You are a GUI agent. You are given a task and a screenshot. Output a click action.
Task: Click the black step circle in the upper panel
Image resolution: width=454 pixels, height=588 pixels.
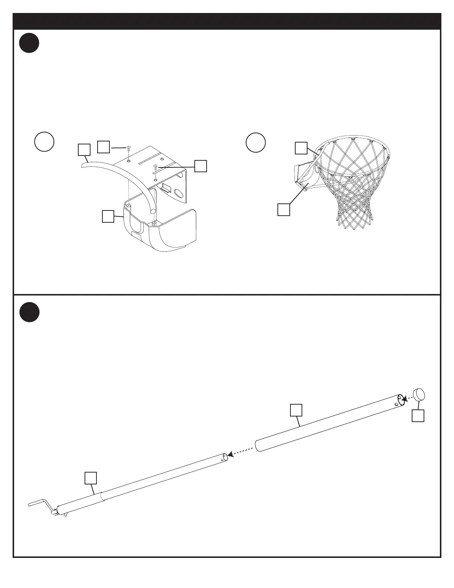(x=29, y=43)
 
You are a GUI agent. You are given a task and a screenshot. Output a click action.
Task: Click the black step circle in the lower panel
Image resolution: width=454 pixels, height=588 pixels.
(x=29, y=312)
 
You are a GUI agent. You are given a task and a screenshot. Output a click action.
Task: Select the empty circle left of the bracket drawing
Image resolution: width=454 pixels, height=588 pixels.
(x=44, y=141)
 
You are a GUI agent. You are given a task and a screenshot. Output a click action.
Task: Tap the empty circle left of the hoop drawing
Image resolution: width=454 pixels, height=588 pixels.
(x=256, y=142)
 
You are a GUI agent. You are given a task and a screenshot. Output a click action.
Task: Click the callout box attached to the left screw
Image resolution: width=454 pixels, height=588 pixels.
(x=103, y=147)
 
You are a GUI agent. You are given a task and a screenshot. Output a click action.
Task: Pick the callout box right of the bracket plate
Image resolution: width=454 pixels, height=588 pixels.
(x=201, y=166)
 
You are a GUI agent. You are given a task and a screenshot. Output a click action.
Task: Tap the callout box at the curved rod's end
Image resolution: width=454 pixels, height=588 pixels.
(x=84, y=150)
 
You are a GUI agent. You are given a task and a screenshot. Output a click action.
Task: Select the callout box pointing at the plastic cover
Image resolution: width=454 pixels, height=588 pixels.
(x=108, y=216)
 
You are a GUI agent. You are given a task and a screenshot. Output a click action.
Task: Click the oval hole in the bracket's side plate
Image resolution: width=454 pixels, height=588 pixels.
(x=178, y=194)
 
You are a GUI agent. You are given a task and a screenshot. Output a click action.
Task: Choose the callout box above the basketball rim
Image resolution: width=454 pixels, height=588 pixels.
(x=301, y=148)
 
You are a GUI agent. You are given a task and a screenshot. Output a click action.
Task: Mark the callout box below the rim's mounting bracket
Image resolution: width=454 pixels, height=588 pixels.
(x=284, y=209)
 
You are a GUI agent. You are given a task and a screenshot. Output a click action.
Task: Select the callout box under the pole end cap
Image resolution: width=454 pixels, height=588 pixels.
(x=418, y=416)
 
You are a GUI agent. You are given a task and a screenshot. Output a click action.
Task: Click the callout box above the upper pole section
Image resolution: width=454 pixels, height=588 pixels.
(x=296, y=410)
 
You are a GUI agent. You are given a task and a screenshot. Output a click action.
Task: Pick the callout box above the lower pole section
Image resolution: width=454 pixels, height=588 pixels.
(x=91, y=478)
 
